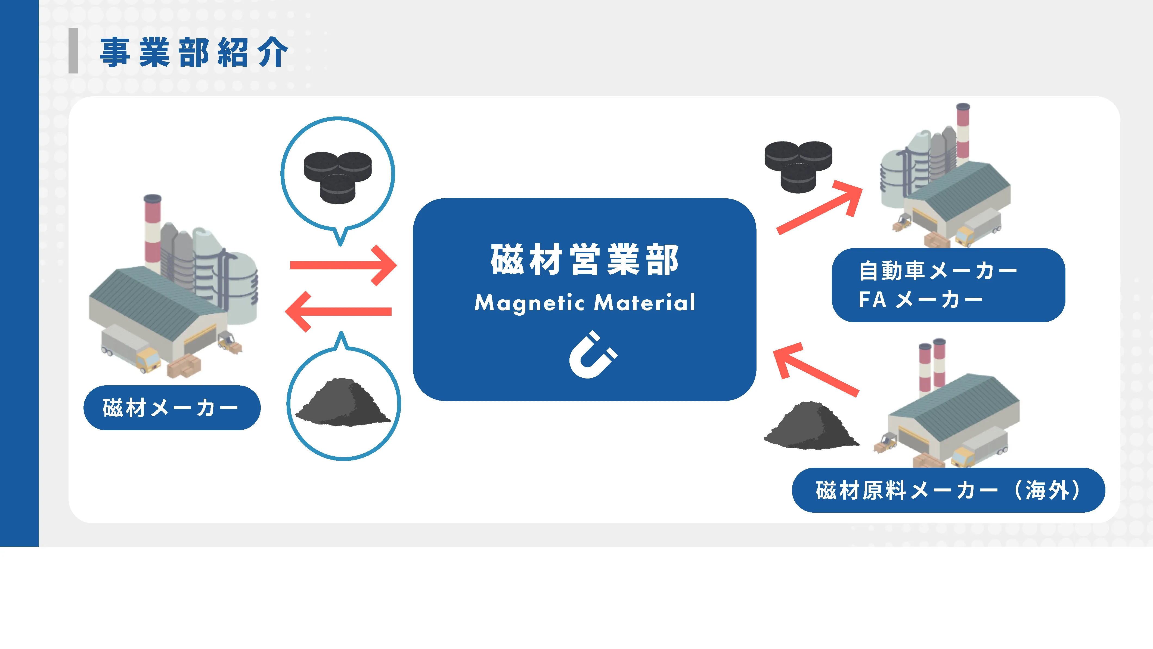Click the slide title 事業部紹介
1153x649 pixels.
coord(193,53)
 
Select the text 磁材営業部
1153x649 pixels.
coord(585,260)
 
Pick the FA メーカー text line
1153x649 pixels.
coord(920,300)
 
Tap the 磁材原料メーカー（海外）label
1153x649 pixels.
coord(948,490)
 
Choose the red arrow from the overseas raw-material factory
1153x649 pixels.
coord(815,370)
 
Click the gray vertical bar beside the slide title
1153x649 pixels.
coord(73,51)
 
